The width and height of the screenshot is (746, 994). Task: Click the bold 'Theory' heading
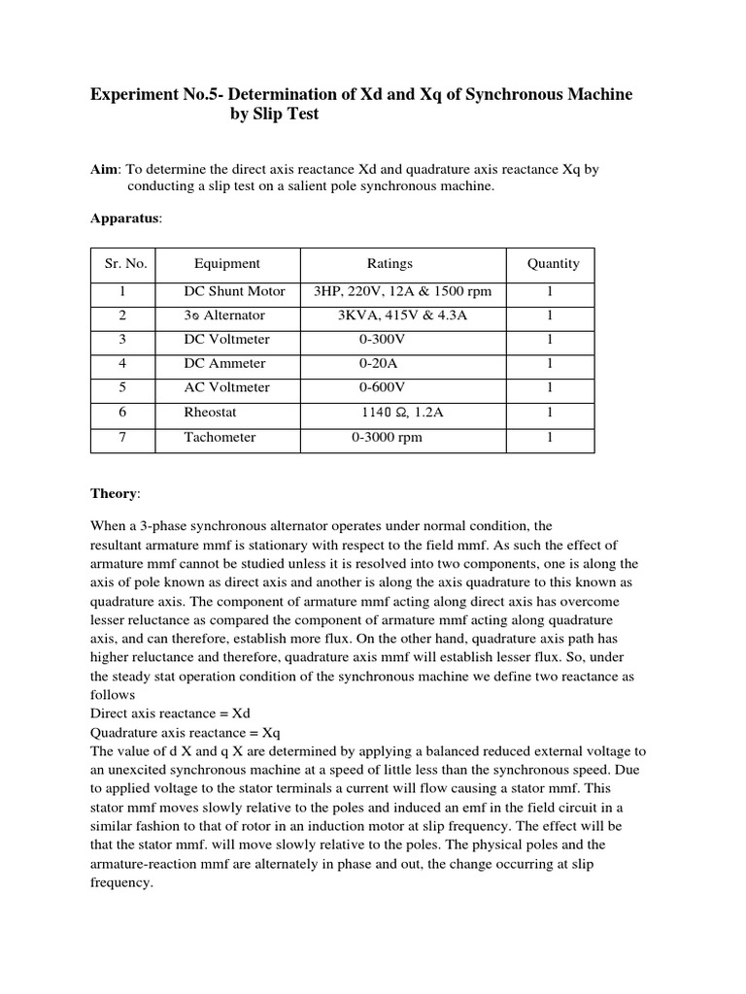coord(115,493)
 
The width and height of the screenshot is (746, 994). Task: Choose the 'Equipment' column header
coord(227,263)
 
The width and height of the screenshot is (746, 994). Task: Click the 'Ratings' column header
coord(390,263)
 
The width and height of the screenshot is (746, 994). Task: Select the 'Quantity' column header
coord(553,263)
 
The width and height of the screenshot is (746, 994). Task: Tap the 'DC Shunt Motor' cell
coord(235,291)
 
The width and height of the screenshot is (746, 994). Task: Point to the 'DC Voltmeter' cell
coord(227,340)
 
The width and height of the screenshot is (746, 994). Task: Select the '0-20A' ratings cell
coord(379,364)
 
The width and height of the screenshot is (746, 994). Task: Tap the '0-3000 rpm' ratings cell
coord(387,437)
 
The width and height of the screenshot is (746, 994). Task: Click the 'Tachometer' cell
coord(220,437)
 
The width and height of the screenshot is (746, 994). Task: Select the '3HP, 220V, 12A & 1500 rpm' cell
coord(403,291)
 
